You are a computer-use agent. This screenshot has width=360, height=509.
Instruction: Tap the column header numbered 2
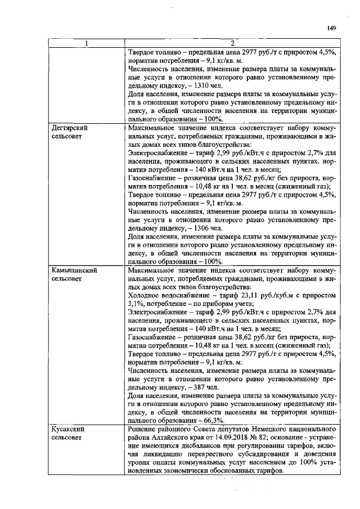232,44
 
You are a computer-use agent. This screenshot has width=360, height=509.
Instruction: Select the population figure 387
200,388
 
